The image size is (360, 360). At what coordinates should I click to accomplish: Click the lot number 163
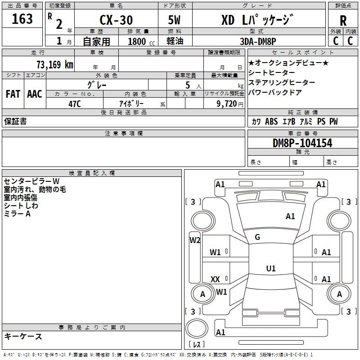click(22, 19)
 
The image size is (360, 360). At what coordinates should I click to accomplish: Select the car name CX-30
click(116, 20)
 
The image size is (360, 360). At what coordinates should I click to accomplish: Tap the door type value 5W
click(174, 20)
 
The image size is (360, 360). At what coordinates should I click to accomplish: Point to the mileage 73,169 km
click(55, 64)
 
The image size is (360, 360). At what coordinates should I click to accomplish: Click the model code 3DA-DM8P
click(258, 41)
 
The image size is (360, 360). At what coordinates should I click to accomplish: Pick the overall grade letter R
click(343, 21)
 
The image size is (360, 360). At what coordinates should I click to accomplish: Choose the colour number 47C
click(75, 104)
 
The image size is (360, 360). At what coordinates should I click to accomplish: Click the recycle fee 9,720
click(227, 103)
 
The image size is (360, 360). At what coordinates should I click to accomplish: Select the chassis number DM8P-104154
click(302, 143)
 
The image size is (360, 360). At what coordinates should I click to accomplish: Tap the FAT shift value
click(13, 94)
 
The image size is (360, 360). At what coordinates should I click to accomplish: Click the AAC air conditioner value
click(35, 94)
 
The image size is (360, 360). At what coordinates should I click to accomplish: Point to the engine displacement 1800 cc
click(141, 41)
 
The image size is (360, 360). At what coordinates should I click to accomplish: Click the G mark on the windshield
click(257, 237)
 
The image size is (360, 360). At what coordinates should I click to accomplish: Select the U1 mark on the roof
click(271, 268)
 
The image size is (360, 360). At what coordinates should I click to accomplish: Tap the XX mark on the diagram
click(215, 279)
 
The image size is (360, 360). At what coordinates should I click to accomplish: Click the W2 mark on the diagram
click(195, 240)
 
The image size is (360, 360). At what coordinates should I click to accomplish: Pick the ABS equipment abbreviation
click(271, 121)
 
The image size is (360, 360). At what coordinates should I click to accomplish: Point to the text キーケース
click(23, 336)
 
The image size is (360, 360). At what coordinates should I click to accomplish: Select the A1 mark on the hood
click(290, 216)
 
